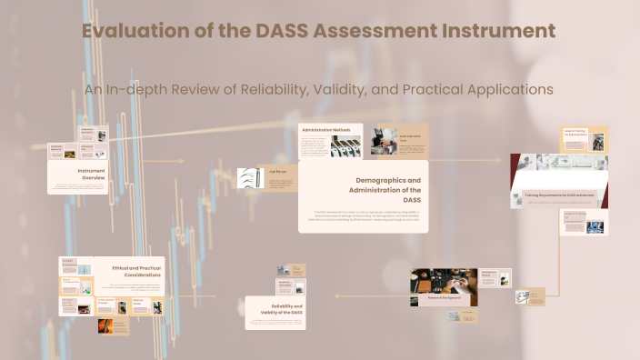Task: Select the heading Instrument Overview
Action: [x=91, y=174]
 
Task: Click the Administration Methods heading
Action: [x=325, y=130]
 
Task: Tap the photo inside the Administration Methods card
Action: [x=346, y=147]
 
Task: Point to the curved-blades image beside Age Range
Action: [x=248, y=178]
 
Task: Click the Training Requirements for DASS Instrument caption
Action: [x=557, y=195]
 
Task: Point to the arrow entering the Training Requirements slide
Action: [x=495, y=161]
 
